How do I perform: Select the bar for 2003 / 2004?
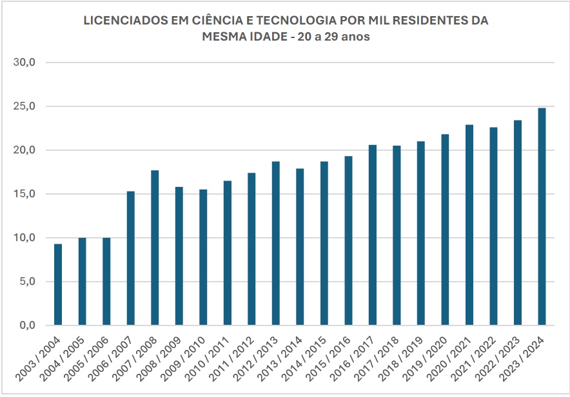(x=58, y=284)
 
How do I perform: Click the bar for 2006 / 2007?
(x=131, y=258)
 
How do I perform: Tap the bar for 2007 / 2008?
(x=155, y=247)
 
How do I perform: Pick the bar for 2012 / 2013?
(x=276, y=244)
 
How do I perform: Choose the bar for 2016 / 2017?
(x=373, y=235)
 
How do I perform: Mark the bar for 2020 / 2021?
(x=469, y=225)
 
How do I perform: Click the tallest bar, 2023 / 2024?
(x=542, y=217)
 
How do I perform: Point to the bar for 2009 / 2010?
(x=203, y=257)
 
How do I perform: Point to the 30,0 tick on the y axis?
(x=25, y=62)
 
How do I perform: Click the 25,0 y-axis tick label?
(x=25, y=106)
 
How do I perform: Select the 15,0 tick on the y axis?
(x=25, y=194)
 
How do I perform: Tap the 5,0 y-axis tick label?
(x=27, y=282)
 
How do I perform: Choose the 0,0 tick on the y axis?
(x=27, y=325)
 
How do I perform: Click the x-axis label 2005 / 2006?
(x=86, y=359)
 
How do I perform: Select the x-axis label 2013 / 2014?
(x=280, y=359)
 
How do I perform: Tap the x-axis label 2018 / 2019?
(x=400, y=359)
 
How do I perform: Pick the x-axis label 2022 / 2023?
(x=497, y=359)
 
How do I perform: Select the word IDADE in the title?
(x=268, y=37)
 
